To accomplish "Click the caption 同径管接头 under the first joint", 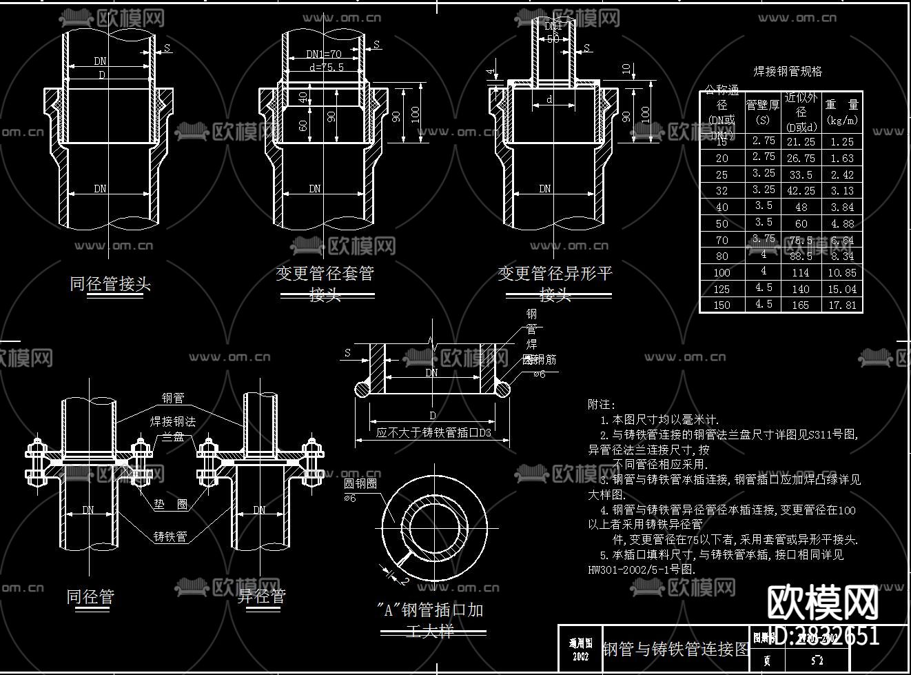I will [110, 283].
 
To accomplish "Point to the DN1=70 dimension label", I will [324, 54].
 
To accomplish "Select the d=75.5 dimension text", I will [326, 68].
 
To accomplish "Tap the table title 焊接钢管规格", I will [787, 72].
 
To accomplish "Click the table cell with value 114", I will [800, 272].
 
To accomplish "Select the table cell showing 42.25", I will [800, 191].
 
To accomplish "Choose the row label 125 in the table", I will [721, 289].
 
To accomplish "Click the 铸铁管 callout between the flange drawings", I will [170, 536].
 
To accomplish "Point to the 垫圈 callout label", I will [170, 505].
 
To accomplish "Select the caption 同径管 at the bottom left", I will [90, 596].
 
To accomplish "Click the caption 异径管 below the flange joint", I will [261, 596].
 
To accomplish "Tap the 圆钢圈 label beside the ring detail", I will [360, 484].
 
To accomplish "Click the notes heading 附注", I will [602, 405].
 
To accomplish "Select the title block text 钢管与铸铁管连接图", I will [675, 649].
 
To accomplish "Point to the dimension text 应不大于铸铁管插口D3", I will [433, 433].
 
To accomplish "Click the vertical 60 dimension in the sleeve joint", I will [304, 125].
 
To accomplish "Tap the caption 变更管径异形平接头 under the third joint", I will [555, 283].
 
